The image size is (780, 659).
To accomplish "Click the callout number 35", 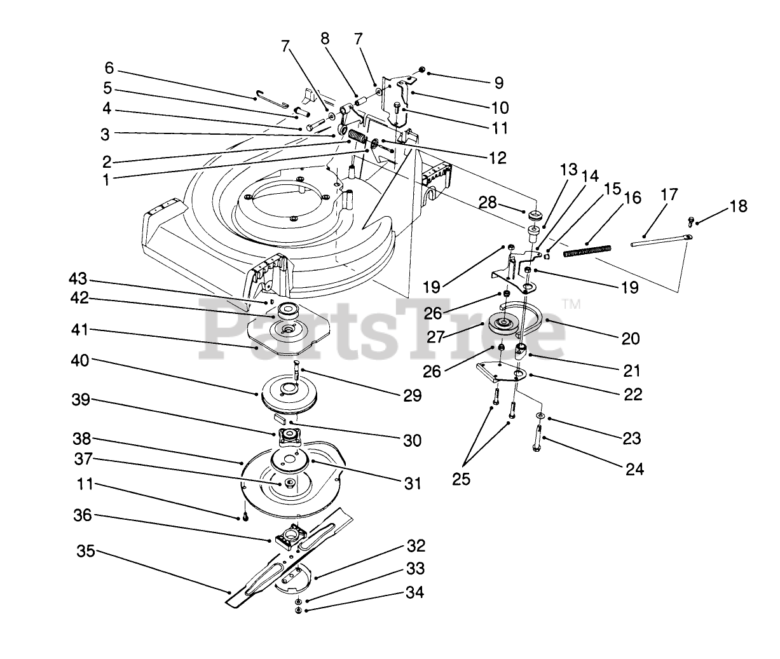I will coord(86,551).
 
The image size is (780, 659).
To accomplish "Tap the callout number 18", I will coord(739,206).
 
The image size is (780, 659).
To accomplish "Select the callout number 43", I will coord(78,280).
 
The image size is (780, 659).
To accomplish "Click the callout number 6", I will coord(109,68).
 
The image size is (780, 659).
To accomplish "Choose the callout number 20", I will coord(631,338).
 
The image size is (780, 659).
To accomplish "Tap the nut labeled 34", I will coord(298,610).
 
